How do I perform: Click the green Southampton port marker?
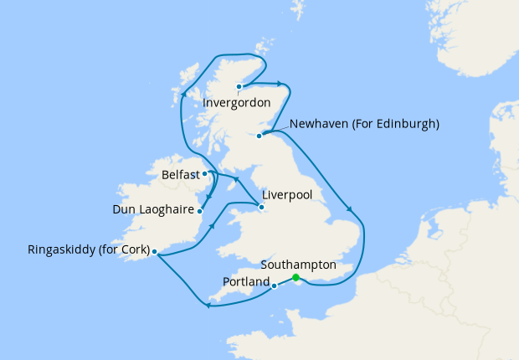[x=295, y=279]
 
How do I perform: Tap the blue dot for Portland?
[x=275, y=285]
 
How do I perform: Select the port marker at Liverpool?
[x=261, y=207]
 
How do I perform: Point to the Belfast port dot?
[x=205, y=174]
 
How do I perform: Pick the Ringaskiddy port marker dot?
[x=155, y=251]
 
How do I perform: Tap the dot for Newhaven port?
[x=259, y=135]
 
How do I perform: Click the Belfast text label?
[x=180, y=176]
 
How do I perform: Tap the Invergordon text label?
[x=237, y=103]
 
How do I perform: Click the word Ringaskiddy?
[x=61, y=249]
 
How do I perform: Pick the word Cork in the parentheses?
[x=133, y=249]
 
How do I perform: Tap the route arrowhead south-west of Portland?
[x=207, y=305]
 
